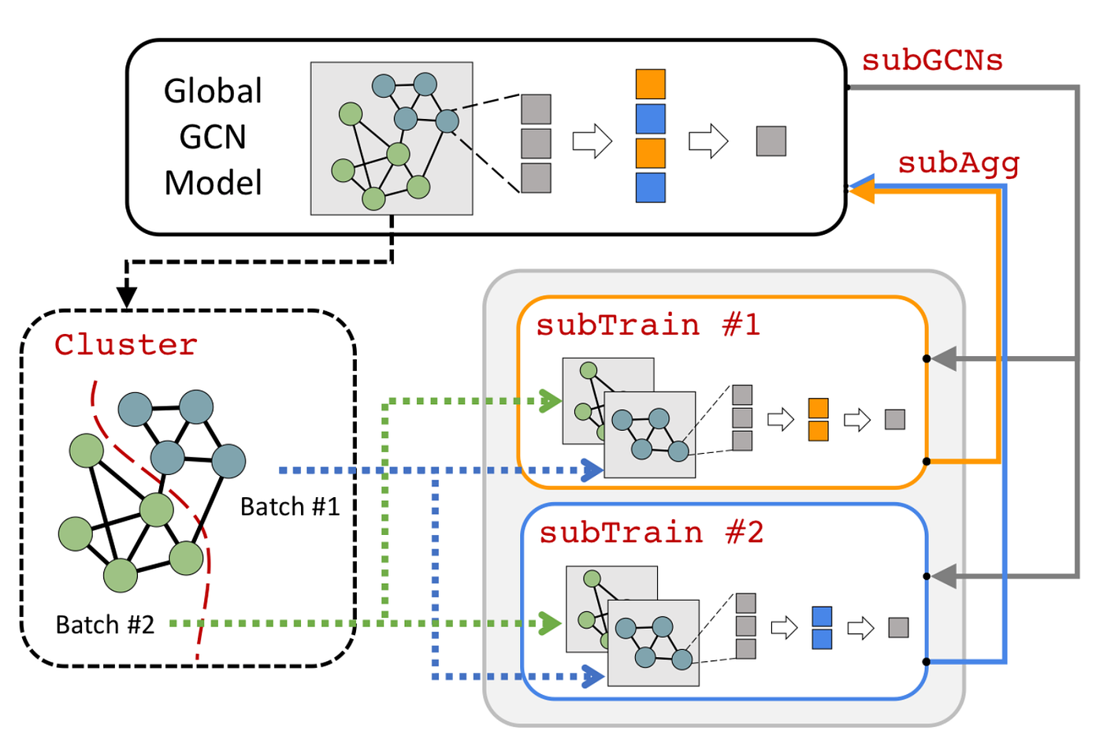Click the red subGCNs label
[932, 61]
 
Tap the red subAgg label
[959, 163]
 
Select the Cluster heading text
[126, 345]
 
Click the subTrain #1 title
[648, 325]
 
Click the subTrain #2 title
[651, 533]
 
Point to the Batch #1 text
[290, 507]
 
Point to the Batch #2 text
[105, 625]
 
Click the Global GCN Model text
[213, 137]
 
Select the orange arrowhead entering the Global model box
[862, 189]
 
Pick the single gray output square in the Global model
[771, 141]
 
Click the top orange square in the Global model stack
[650, 84]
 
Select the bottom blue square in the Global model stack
[650, 188]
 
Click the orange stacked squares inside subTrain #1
[819, 419]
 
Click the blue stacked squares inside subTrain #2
[822, 628]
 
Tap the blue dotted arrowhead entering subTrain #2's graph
[593, 676]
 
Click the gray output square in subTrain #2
[898, 627]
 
